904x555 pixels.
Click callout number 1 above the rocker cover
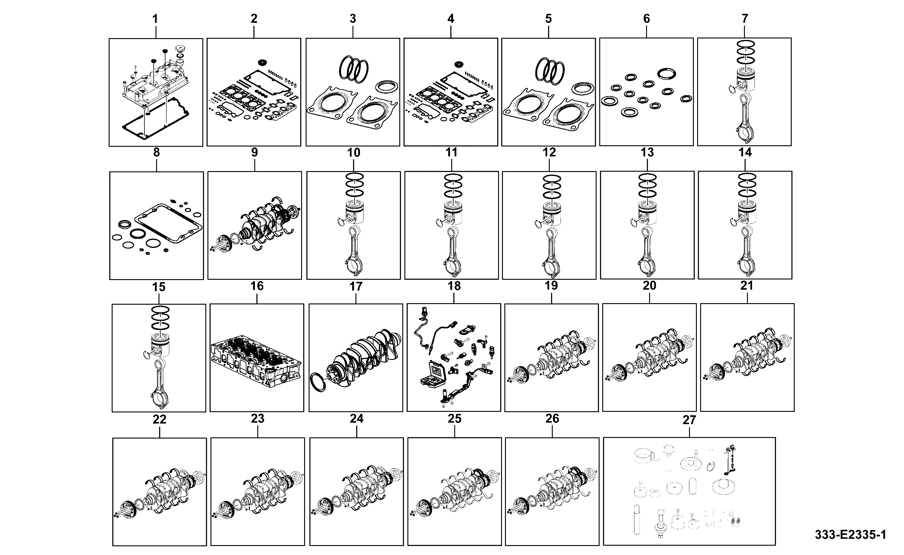(155, 19)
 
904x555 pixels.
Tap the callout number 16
(257, 286)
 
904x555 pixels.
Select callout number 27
(689, 420)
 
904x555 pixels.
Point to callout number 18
(454, 286)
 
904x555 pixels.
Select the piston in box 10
(355, 213)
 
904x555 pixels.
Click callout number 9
(254, 152)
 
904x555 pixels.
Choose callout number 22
(159, 420)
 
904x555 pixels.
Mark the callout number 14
(745, 152)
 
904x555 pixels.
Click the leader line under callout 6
(646, 31)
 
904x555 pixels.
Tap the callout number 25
(454, 419)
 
